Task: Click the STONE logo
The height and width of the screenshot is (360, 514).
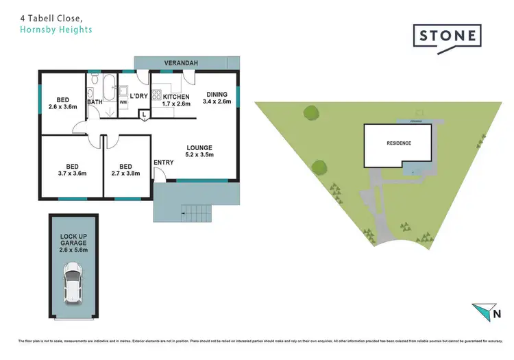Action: click(447, 34)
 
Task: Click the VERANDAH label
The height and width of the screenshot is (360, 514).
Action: click(181, 63)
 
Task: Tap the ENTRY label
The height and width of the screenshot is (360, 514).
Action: click(164, 162)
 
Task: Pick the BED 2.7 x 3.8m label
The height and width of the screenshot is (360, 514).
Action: click(125, 169)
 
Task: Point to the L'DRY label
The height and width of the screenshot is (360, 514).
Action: click(139, 96)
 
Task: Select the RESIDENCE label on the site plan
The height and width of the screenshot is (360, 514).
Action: click(397, 143)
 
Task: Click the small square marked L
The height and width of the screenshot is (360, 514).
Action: click(145, 116)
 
